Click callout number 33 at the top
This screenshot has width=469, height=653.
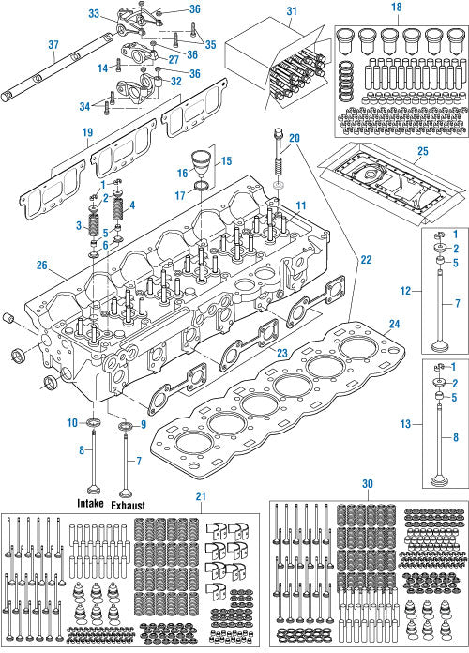[94, 14]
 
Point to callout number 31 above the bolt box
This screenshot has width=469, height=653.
[290, 10]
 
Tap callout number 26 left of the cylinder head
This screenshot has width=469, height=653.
[42, 265]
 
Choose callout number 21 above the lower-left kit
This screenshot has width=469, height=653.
[200, 495]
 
